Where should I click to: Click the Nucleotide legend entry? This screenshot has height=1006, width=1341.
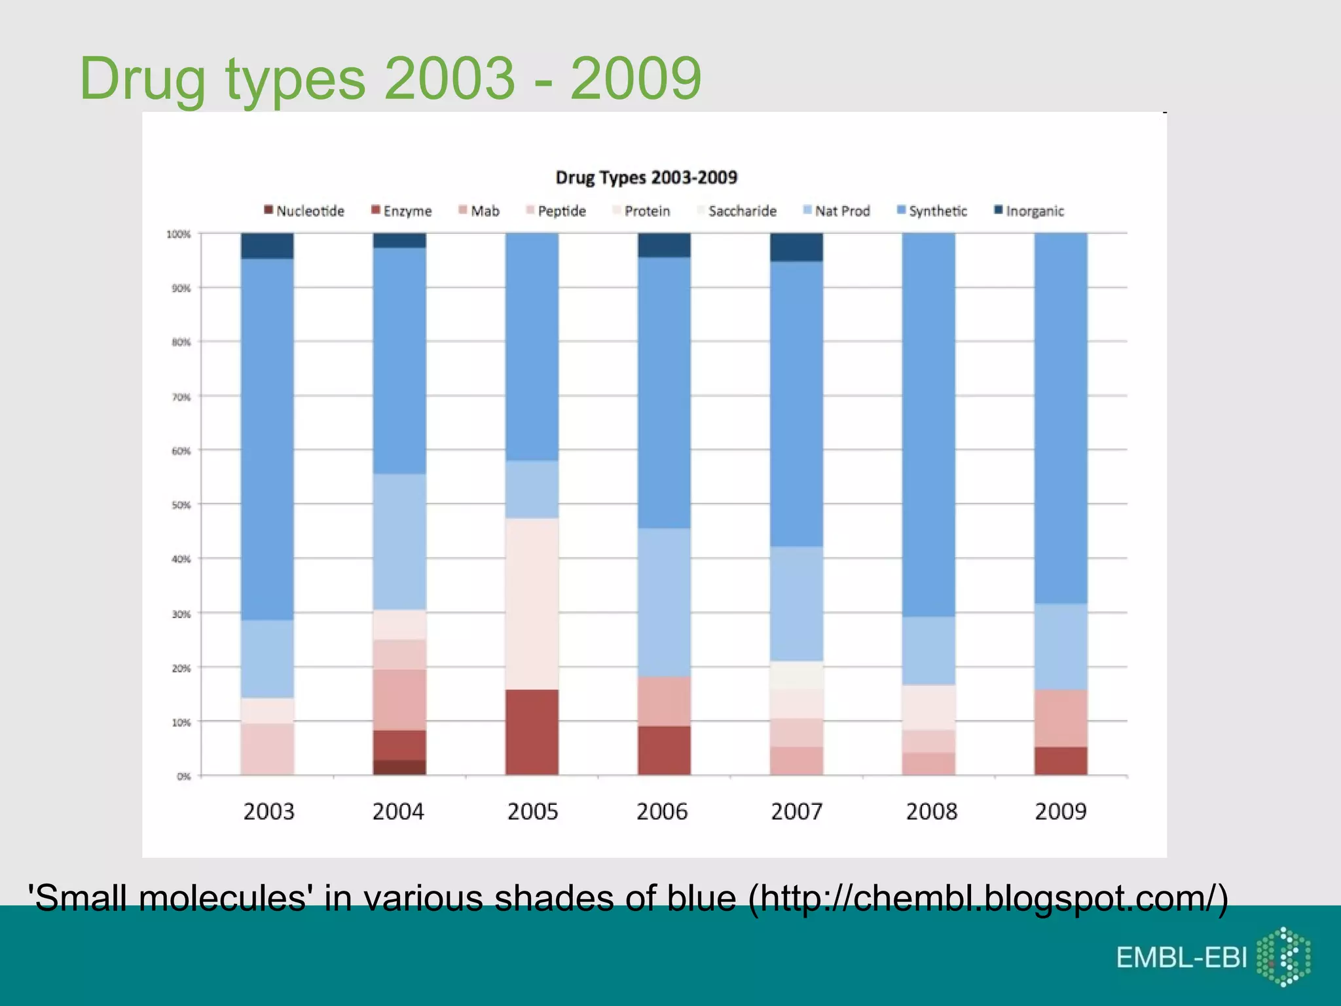point(304,211)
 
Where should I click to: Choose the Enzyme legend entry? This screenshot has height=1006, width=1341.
point(401,211)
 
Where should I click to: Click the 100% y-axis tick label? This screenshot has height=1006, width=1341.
point(179,234)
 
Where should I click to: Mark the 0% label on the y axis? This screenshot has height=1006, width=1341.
point(183,776)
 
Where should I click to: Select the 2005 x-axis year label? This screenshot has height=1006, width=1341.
point(532,812)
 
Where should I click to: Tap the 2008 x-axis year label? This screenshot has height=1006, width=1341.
point(931,812)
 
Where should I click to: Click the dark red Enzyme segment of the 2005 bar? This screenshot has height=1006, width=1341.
point(532,732)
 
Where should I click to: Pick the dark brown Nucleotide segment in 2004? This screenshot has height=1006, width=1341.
point(399,767)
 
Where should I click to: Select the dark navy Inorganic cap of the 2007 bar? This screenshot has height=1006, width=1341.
point(796,247)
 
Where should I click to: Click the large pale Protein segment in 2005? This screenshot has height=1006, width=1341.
point(532,604)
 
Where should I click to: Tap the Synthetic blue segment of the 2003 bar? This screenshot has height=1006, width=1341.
point(267,439)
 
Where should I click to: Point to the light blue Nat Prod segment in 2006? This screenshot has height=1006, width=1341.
point(664,603)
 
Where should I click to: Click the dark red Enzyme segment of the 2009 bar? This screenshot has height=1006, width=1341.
point(1061,761)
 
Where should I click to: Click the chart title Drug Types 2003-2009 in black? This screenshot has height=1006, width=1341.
point(646,177)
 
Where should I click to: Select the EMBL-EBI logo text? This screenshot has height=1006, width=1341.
point(1181,958)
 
